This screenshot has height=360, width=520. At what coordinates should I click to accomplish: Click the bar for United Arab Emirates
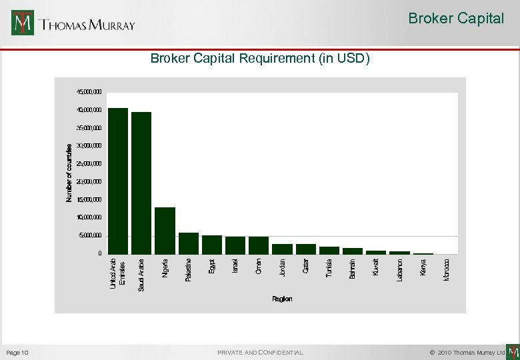pyautogui.click(x=118, y=181)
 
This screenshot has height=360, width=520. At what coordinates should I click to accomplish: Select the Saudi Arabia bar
pyautogui.click(x=141, y=183)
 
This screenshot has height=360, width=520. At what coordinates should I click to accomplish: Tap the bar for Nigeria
pyautogui.click(x=165, y=231)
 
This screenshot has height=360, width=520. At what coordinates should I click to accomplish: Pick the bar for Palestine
pyautogui.click(x=189, y=243)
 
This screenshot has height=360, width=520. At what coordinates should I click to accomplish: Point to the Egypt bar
pyautogui.click(x=212, y=245)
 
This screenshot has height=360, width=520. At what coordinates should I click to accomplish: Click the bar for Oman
pyautogui.click(x=259, y=245)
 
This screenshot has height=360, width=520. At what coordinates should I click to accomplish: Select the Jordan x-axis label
pyautogui.click(x=283, y=267)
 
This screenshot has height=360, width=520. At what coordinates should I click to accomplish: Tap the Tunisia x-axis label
pyautogui.click(x=329, y=269)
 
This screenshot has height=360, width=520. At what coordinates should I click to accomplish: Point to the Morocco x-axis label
pyautogui.click(x=447, y=269)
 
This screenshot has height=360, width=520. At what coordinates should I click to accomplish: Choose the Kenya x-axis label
pyautogui.click(x=423, y=267)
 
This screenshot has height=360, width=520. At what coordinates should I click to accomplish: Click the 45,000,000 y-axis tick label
pyautogui.click(x=89, y=91)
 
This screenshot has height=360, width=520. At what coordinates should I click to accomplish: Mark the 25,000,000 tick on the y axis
pyautogui.click(x=89, y=163)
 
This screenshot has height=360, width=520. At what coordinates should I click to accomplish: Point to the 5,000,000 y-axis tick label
pyautogui.click(x=91, y=235)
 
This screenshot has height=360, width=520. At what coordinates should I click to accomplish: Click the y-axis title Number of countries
pyautogui.click(x=69, y=173)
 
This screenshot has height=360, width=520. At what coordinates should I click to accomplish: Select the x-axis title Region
pyautogui.click(x=282, y=299)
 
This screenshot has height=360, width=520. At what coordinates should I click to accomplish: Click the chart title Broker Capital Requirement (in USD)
pyautogui.click(x=259, y=59)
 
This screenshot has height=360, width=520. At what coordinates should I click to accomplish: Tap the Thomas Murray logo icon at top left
pyautogui.click(x=23, y=23)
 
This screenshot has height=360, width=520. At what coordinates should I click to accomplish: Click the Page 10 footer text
pyautogui.click(x=17, y=352)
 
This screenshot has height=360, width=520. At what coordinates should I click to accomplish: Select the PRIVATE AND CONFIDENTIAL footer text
pyautogui.click(x=260, y=352)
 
